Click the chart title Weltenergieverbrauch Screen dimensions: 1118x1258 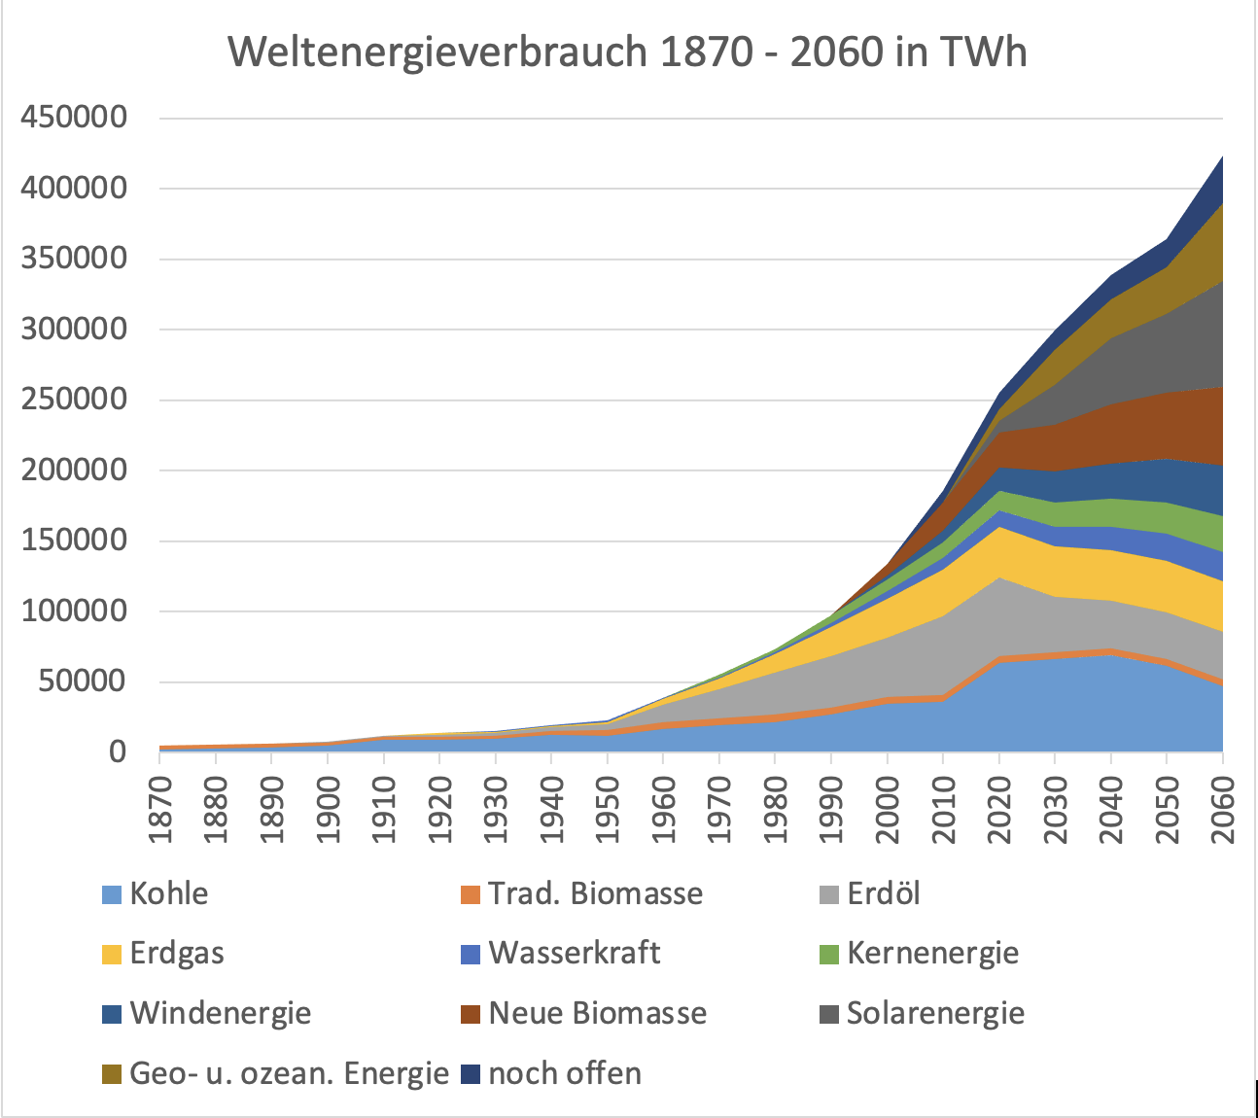pyautogui.click(x=627, y=52)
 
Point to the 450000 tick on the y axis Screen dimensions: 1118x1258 pyautogui.click(x=74, y=118)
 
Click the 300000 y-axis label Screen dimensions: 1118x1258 pyautogui.click(x=74, y=330)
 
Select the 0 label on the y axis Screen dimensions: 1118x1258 pyautogui.click(x=117, y=751)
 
